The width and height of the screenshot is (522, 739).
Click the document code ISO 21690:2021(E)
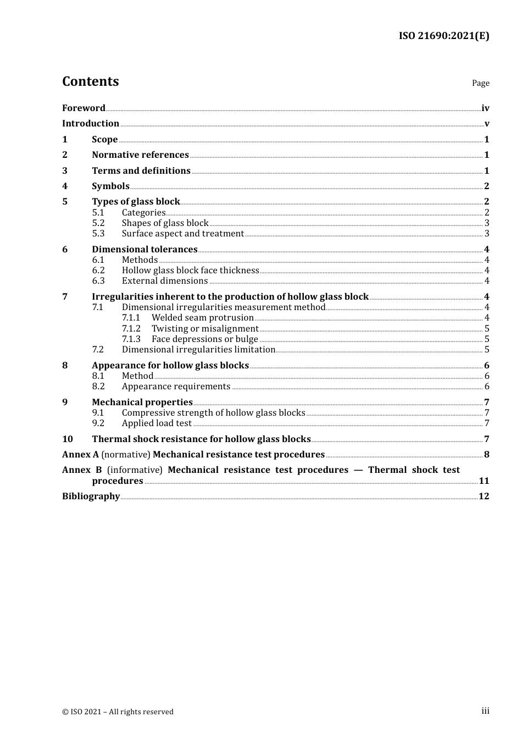443,36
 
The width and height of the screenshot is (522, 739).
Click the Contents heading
90,81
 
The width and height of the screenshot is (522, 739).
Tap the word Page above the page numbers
480,83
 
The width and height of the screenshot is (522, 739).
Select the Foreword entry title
84,108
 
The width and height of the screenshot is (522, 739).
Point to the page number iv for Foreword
485,108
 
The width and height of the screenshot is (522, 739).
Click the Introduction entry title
91,124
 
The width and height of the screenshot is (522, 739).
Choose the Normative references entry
140,155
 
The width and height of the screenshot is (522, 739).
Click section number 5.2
98,223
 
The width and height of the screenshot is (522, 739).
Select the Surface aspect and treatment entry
182,234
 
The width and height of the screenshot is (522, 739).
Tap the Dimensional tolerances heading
145,250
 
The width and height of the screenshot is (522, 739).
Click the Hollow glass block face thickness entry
190,271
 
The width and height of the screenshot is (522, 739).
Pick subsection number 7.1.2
131,329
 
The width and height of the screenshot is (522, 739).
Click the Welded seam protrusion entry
203,318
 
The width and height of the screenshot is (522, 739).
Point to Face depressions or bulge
205,339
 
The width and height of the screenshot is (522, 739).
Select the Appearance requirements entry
176,387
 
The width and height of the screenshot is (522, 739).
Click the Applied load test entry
157,423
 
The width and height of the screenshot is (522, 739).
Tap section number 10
68,439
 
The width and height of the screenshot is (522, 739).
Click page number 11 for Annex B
484,481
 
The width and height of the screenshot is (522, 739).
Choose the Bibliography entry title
91,497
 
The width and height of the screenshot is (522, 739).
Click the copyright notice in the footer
118,712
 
